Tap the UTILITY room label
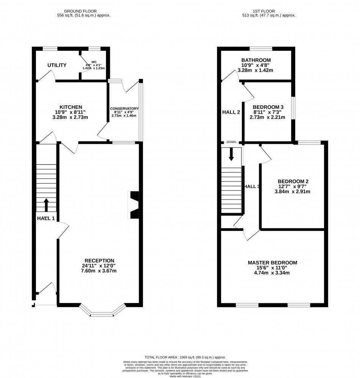(57, 65)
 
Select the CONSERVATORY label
(125, 109)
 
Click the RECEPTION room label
(99, 260)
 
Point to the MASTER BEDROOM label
(272, 262)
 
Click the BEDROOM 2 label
(293, 181)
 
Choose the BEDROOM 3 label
(268, 107)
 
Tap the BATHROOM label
(256, 60)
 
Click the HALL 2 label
(230, 112)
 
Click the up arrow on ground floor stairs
(47, 205)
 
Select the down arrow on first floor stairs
(231, 154)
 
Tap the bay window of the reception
(102, 313)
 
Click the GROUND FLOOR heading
(80, 11)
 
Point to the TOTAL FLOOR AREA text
(185, 357)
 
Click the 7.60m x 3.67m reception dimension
(99, 271)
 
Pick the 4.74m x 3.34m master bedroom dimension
(272, 273)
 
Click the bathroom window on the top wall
(261, 49)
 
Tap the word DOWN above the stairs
(231, 142)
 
